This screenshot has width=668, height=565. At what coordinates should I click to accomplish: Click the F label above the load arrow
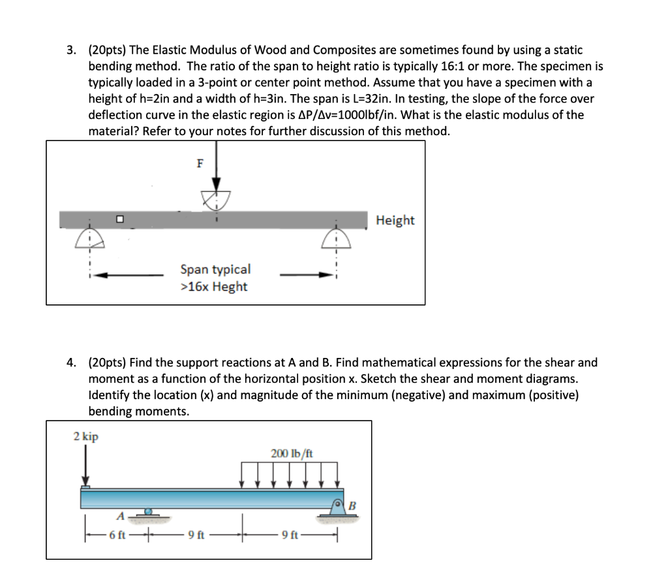click(x=201, y=164)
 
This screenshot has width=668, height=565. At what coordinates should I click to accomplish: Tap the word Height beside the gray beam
click(x=395, y=221)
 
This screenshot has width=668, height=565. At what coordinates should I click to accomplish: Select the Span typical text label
click(x=215, y=269)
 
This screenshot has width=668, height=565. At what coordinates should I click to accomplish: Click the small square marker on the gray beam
click(x=119, y=219)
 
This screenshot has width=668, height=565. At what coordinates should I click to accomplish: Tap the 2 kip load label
click(x=85, y=436)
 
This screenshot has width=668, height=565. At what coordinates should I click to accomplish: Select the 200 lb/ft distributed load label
click(x=291, y=453)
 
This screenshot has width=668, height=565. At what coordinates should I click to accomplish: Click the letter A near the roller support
click(x=120, y=515)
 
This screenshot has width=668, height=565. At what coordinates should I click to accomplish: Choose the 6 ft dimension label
click(x=117, y=536)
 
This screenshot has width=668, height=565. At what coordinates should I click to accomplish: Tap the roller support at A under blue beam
click(x=149, y=514)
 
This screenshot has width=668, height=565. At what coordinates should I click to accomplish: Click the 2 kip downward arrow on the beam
click(x=85, y=466)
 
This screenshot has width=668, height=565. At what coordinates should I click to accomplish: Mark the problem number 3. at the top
click(x=73, y=50)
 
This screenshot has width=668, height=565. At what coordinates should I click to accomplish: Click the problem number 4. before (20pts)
click(x=73, y=363)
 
